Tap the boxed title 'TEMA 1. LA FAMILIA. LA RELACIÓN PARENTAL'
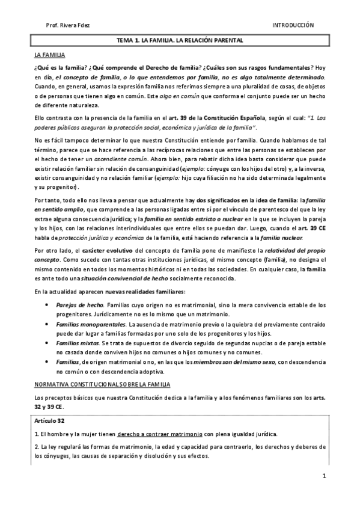click(180, 40)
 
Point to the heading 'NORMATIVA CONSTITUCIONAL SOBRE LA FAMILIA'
click(103, 383)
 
